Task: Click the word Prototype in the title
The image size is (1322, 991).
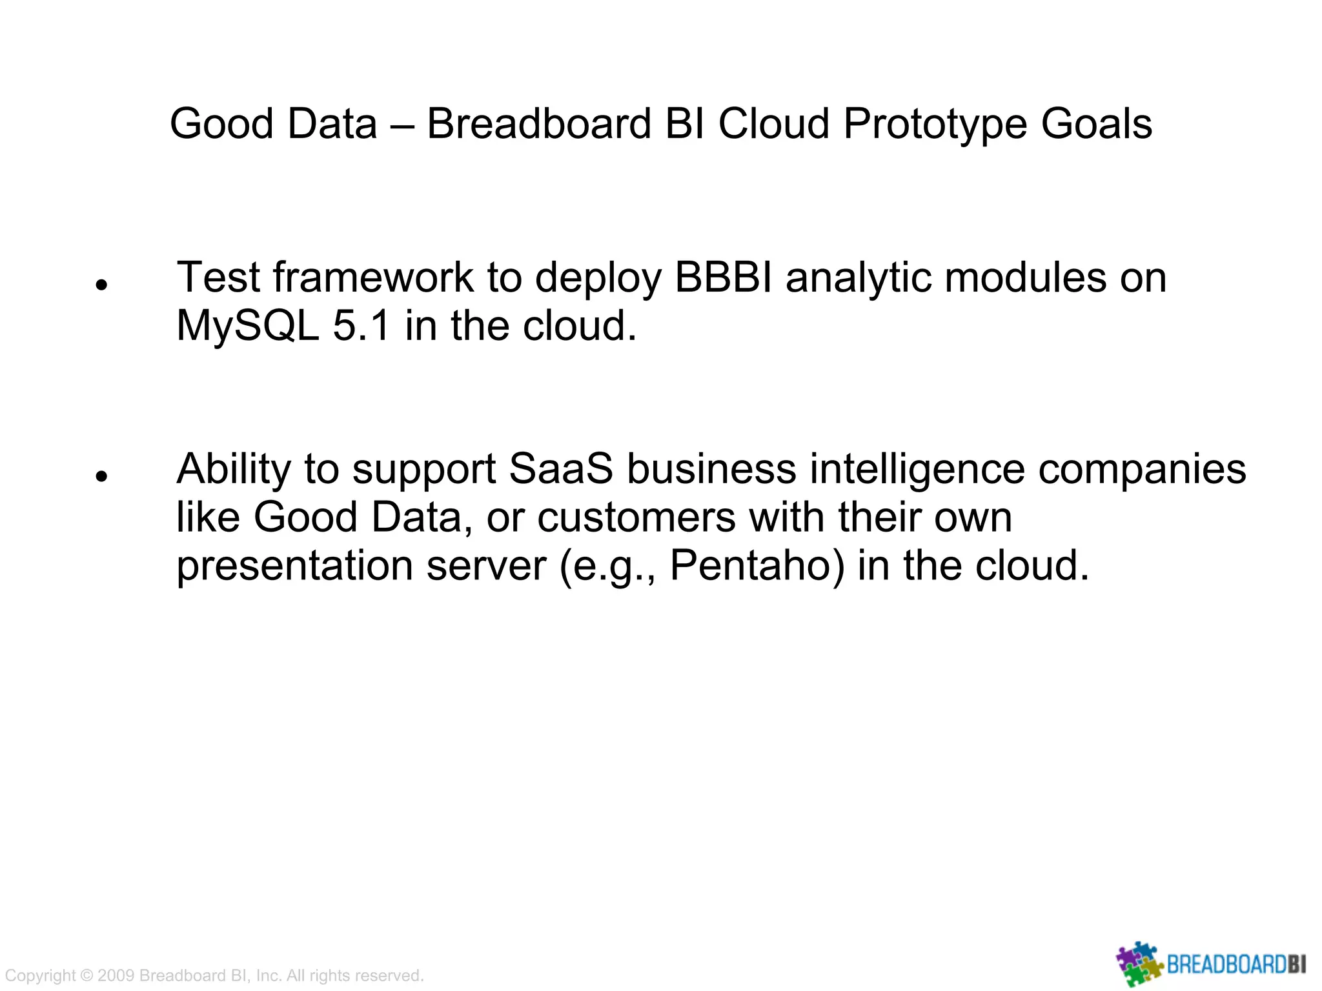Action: point(935,124)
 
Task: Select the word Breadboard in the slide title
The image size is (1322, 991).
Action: point(539,124)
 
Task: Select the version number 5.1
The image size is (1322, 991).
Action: point(361,326)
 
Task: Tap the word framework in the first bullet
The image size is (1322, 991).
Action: point(373,277)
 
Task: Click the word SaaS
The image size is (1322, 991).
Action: point(561,469)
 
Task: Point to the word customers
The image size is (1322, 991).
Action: point(636,517)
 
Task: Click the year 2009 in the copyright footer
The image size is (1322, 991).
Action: point(116,976)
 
